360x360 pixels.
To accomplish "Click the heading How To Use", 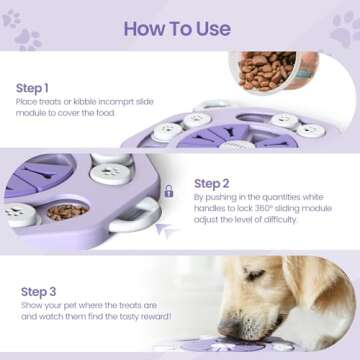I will [178, 28].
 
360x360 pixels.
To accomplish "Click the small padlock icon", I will [168, 190].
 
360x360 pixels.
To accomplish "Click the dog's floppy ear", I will [318, 290].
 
